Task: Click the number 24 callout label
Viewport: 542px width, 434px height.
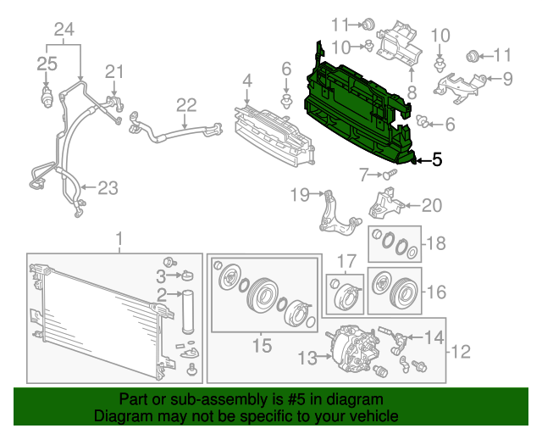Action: pyautogui.click(x=64, y=31)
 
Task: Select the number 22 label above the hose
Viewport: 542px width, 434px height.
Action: pyautogui.click(x=185, y=105)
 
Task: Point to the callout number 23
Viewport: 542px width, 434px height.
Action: pyautogui.click(x=107, y=188)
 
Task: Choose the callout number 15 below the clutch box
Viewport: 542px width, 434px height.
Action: pyautogui.click(x=262, y=345)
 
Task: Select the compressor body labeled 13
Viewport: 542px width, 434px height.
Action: pyautogui.click(x=350, y=348)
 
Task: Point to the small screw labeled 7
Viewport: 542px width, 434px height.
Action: pyautogui.click(x=389, y=175)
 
